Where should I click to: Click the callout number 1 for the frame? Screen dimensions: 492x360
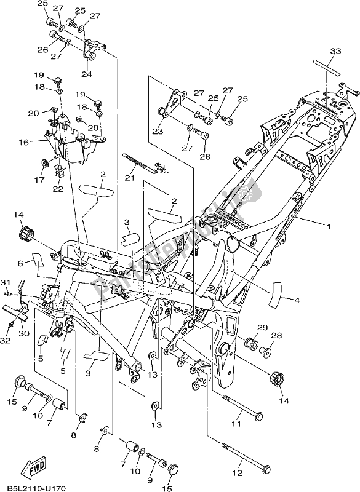pyautogui.click(x=328, y=226)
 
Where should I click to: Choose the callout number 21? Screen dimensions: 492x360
pyautogui.click(x=130, y=178)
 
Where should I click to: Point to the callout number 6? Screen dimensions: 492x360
pyautogui.click(x=20, y=263)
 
